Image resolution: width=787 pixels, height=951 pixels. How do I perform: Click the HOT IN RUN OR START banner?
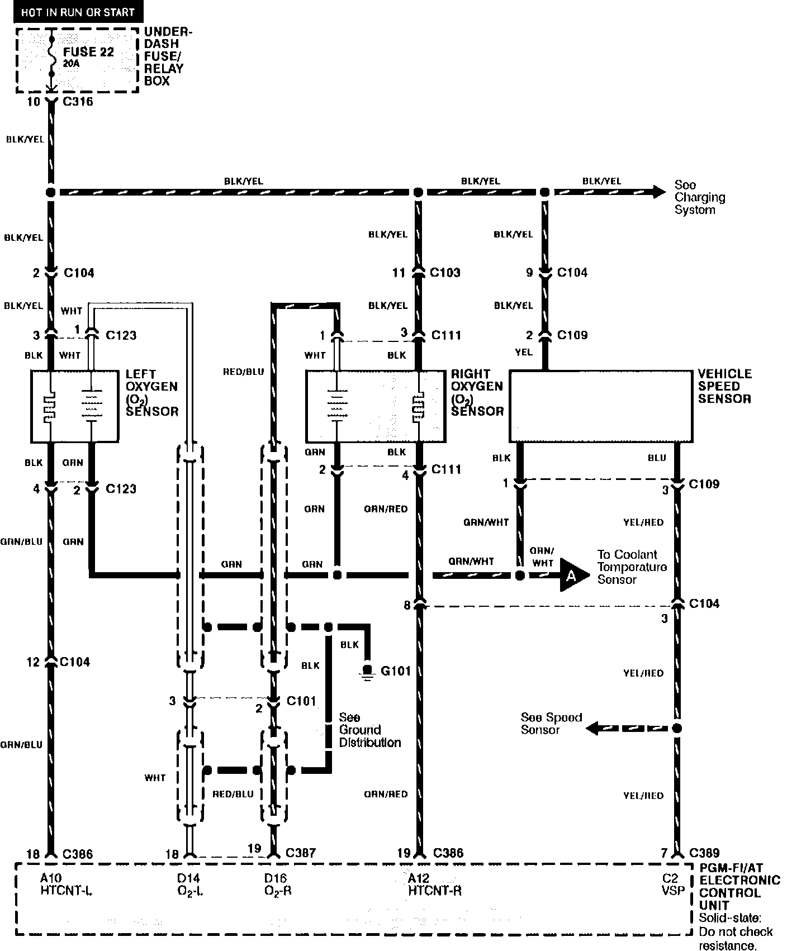[78, 12]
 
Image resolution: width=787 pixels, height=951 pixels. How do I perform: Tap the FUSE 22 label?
[88, 52]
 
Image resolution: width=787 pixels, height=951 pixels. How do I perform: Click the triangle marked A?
[573, 574]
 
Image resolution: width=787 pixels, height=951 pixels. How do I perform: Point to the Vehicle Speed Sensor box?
[600, 405]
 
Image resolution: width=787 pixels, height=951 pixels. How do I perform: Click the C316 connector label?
[78, 102]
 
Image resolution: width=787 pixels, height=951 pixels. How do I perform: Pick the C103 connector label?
[445, 273]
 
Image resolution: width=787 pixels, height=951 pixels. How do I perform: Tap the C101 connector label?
[301, 701]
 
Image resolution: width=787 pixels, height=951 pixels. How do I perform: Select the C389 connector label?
[704, 853]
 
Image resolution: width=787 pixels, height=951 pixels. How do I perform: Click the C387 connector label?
[301, 854]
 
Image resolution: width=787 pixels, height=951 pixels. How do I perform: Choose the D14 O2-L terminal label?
[189, 885]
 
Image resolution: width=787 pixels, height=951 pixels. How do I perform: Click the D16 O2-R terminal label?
[278, 885]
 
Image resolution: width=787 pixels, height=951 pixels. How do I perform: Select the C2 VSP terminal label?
[672, 885]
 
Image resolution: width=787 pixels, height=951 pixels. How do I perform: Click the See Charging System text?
[700, 197]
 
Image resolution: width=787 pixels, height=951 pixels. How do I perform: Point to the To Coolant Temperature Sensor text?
[632, 567]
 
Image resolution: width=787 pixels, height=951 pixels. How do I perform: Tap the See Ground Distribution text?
[369, 730]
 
